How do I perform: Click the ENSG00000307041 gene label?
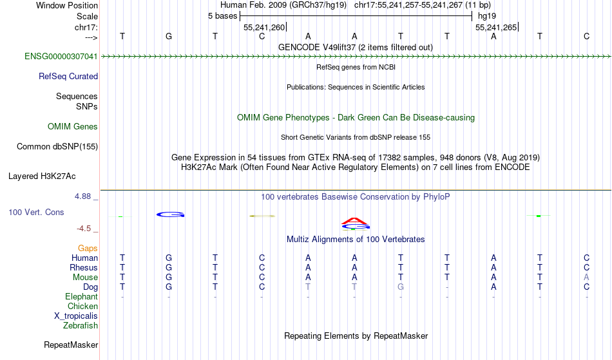click(x=61, y=57)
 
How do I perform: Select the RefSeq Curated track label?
click(x=68, y=77)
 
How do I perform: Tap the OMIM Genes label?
click(x=73, y=126)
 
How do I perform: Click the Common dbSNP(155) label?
click(x=57, y=147)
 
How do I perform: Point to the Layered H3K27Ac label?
click(x=42, y=176)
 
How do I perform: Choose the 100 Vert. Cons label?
click(x=36, y=212)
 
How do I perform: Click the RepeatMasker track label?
click(x=71, y=345)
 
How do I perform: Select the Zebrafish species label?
click(x=81, y=325)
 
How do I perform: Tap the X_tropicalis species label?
click(x=76, y=316)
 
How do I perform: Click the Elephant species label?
click(x=81, y=296)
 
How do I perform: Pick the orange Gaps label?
click(x=88, y=249)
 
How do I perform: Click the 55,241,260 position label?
click(x=264, y=27)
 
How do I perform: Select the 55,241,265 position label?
click(x=496, y=27)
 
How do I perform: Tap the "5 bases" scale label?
click(x=222, y=16)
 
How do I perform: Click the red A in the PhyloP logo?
click(x=354, y=221)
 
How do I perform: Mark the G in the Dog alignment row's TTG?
click(x=401, y=287)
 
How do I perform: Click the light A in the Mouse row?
click(x=586, y=278)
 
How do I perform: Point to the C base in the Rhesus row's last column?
click(x=586, y=267)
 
